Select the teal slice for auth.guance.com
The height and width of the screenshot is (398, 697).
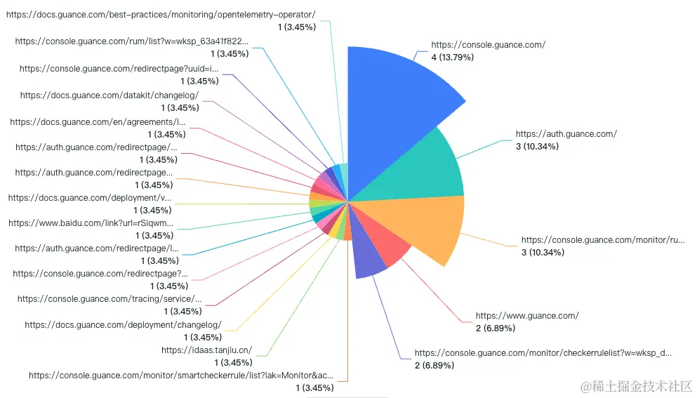pos(421,168)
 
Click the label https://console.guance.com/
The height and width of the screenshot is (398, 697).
pos(488,45)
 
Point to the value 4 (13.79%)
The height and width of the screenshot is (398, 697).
pos(452,57)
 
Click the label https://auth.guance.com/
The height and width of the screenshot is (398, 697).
pos(566,133)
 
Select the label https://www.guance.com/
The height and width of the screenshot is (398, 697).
pos(527,316)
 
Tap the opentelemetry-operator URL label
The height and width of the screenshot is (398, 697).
pos(161,15)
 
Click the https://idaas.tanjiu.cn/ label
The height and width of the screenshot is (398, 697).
pos(206,350)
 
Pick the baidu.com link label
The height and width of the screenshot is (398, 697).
pos(91,223)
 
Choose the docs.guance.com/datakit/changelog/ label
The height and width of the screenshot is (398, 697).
pos(109,95)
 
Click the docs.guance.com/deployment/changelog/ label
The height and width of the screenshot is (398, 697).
pos(123,325)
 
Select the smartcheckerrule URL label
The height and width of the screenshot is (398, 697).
pos(181,376)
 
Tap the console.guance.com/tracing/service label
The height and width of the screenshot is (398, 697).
pos(109,299)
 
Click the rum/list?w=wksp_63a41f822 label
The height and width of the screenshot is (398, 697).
pos(132,41)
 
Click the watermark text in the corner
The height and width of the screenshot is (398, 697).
pos(635,386)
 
